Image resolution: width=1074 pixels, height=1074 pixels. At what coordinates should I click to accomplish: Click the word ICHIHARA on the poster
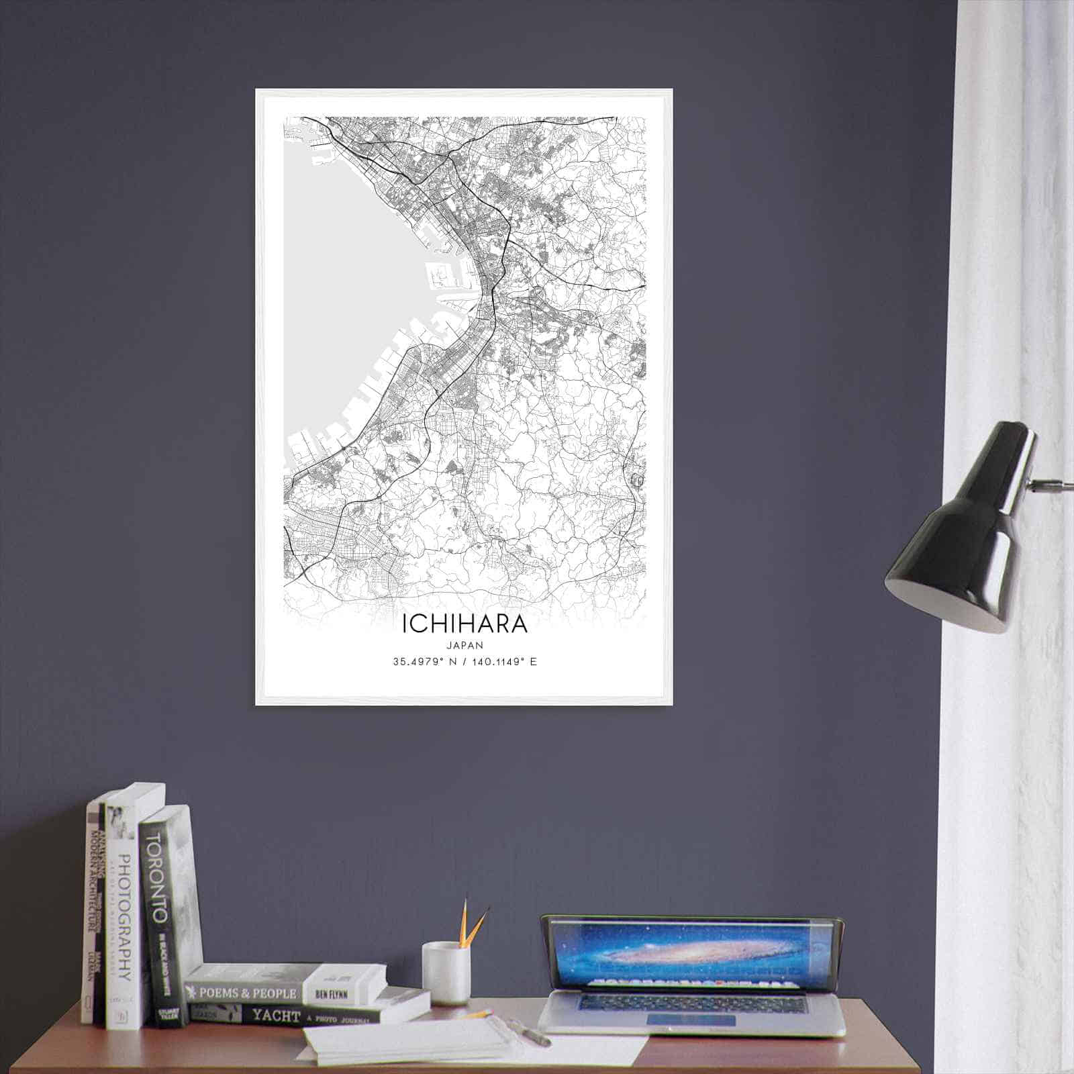pos(465,624)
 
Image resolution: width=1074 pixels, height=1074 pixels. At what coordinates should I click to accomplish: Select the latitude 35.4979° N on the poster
pos(425,662)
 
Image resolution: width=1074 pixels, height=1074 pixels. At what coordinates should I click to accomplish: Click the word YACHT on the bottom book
pos(275,1016)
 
